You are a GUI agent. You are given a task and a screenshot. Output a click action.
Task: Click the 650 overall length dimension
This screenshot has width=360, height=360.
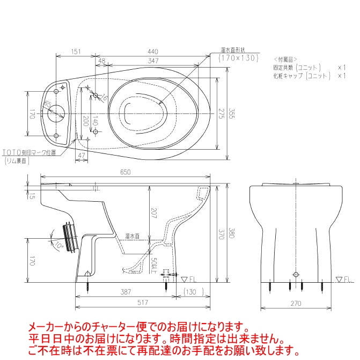point(126,172)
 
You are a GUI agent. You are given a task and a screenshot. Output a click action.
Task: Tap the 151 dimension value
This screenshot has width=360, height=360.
point(75,52)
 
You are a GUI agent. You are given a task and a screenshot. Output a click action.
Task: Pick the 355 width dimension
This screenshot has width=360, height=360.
point(231,115)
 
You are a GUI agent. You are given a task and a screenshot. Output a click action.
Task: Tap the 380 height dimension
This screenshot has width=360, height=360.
point(231,233)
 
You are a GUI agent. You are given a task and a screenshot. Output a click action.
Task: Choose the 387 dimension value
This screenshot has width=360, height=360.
point(127,292)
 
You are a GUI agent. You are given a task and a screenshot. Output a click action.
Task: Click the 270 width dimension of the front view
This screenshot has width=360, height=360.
point(296,304)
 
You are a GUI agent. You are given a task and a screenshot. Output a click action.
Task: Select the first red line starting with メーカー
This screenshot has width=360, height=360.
point(138,327)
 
